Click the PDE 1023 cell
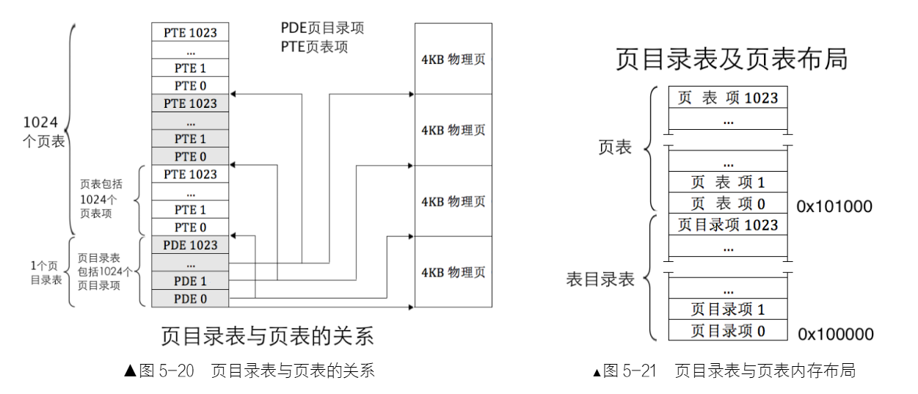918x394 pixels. (x=190, y=245)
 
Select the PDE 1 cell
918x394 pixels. (x=190, y=281)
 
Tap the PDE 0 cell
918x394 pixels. (x=190, y=299)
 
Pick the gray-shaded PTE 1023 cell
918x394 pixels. (x=190, y=103)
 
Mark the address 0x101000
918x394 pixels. (x=836, y=207)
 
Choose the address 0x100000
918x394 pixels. (x=836, y=335)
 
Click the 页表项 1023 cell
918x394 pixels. (x=727, y=98)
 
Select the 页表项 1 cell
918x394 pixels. (x=727, y=181)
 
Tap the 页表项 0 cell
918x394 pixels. (x=727, y=203)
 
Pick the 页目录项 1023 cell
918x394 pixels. (x=727, y=225)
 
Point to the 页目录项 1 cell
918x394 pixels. (x=727, y=310)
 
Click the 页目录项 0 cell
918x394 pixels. (x=727, y=331)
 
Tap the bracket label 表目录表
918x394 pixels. (x=600, y=279)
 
